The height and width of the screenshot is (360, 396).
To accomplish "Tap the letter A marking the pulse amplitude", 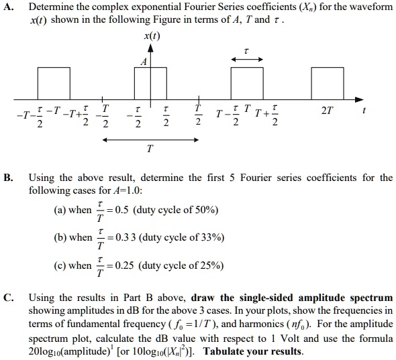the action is [x=142, y=62].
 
